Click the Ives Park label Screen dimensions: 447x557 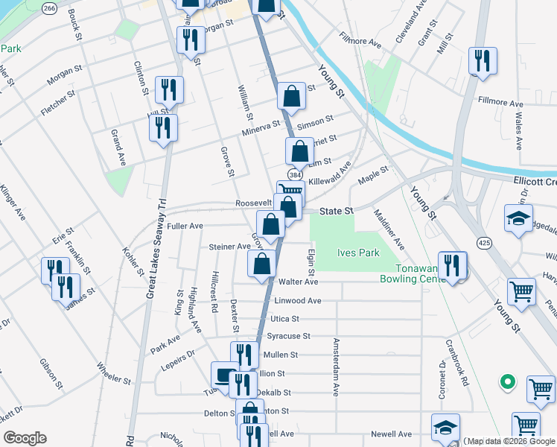pyautogui.click(x=359, y=253)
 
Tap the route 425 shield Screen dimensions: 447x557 pyautogui.click(x=484, y=243)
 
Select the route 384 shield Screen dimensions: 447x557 pyautogui.click(x=296, y=174)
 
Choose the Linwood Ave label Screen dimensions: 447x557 pyautogui.click(x=298, y=300)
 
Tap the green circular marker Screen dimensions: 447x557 pyautogui.click(x=507, y=382)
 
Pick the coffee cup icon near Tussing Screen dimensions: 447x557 pyautogui.click(x=225, y=375)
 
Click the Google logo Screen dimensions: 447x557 pyautogui.click(x=24, y=438)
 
